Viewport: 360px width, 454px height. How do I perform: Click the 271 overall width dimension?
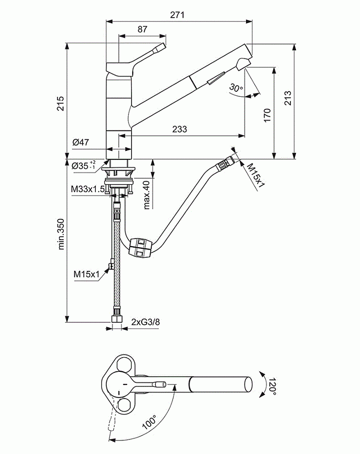(x=177, y=15)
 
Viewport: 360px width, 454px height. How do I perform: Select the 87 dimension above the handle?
(x=142, y=29)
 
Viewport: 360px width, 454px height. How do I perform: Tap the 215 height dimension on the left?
(x=60, y=103)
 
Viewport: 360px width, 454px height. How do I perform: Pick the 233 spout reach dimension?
(x=179, y=129)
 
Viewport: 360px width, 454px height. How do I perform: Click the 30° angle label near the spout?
(x=235, y=88)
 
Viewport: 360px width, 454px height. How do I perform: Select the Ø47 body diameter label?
(x=81, y=143)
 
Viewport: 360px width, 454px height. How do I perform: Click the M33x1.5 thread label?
(x=87, y=189)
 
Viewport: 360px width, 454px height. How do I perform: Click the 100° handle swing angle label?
(x=149, y=422)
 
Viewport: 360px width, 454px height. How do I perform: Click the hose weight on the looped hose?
(x=140, y=248)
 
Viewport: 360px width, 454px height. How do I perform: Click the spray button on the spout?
(x=216, y=79)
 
